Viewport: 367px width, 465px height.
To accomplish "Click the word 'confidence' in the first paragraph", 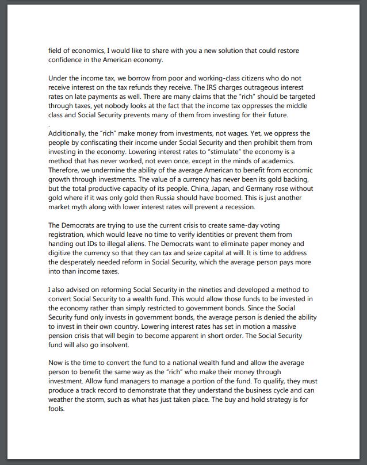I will pos(68,59).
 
